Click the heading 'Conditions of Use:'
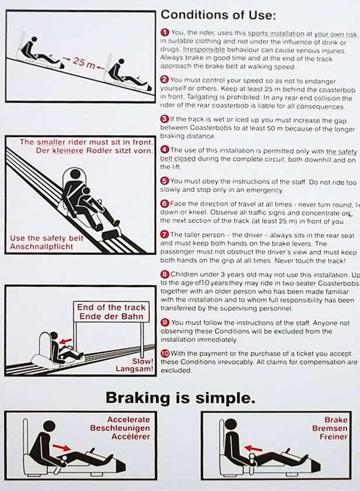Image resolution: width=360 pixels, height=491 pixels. click(218, 15)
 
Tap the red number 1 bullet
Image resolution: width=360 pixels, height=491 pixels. click(165, 32)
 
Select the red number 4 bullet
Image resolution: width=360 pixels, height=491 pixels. click(165, 150)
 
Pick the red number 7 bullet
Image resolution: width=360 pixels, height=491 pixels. click(165, 234)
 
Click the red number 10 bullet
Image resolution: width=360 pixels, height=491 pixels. click(165, 353)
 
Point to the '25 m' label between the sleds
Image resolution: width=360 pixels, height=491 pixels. click(83, 62)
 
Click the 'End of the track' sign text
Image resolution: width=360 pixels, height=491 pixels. click(111, 307)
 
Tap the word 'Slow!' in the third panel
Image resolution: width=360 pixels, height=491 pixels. click(142, 361)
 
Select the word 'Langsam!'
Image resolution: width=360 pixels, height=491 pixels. click(134, 369)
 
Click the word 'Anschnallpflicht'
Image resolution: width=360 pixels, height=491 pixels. click(41, 247)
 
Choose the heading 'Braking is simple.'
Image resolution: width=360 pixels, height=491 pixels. click(180, 398)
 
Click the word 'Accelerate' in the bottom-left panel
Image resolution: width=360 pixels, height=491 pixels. click(128, 419)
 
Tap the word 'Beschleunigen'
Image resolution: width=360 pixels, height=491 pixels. click(120, 428)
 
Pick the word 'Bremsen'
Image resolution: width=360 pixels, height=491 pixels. click(330, 428)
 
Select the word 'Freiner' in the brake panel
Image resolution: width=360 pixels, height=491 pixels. click(333, 436)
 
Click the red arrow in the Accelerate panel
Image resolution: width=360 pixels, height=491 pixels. click(62, 447)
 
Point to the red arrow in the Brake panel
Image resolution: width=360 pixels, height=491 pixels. click(253, 448)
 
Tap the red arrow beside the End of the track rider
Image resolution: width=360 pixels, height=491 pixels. click(66, 341)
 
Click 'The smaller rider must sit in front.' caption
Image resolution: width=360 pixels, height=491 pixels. click(86, 142)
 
